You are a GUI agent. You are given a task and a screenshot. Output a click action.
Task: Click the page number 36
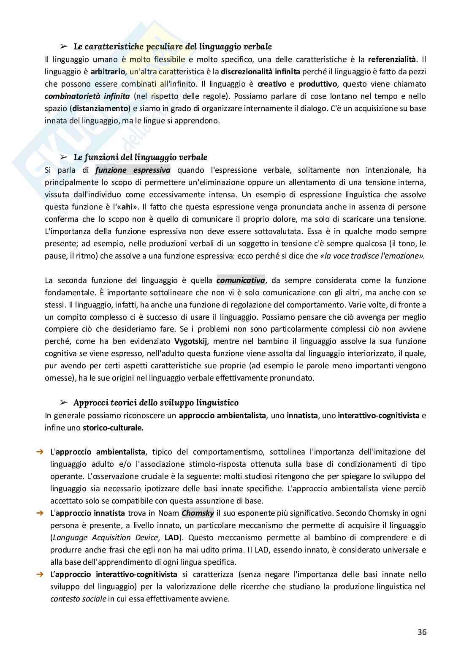tap(422, 632)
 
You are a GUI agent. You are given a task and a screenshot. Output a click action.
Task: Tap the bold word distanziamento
tap(100, 108)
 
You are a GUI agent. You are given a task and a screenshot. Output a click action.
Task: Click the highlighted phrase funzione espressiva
tap(133, 170)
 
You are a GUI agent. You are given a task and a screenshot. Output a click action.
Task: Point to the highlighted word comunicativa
tap(241, 280)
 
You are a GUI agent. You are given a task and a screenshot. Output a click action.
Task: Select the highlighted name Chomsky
tap(198, 513)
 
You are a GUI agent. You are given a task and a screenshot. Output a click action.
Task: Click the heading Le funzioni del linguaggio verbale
tap(140, 157)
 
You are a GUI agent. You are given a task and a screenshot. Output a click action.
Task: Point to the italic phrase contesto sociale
tap(78, 599)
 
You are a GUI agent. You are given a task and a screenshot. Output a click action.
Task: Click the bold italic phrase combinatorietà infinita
tap(87, 96)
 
